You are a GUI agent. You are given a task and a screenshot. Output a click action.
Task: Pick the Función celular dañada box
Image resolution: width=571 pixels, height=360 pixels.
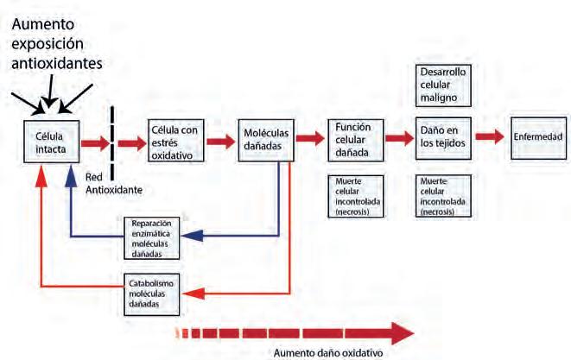coord(353,139)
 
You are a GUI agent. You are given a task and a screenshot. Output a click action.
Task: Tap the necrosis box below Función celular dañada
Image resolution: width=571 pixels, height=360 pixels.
coord(353,196)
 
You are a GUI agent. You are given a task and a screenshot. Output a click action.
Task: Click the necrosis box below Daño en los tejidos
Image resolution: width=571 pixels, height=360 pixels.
coord(442,196)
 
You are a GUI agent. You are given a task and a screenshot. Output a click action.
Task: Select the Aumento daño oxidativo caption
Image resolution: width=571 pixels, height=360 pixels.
coord(328,351)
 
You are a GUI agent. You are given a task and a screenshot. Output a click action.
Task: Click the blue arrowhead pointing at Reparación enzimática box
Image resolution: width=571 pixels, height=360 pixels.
coord(194,233)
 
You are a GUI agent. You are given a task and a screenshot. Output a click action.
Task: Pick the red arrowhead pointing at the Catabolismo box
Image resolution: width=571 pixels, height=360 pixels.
coord(193,294)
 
